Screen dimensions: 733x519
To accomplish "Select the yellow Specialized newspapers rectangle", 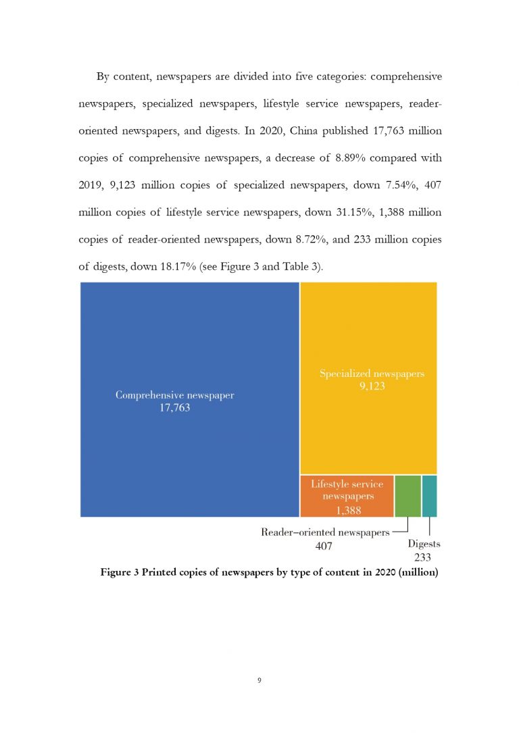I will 368,324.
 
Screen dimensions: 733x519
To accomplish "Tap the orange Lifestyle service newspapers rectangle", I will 347,496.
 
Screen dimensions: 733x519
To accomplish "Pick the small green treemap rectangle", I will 407,496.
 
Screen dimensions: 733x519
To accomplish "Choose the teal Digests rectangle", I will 429,496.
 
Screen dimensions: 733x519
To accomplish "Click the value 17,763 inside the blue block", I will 174,409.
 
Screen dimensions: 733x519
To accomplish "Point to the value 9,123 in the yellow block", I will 372,387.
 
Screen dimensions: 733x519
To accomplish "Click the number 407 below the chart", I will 325,545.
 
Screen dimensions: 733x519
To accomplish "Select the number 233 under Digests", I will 423,557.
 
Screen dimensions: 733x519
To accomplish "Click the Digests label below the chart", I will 424,545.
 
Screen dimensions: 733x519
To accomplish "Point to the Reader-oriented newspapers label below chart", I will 325,532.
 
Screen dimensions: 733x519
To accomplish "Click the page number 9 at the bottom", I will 259,680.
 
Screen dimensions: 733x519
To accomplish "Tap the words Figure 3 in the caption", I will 120,574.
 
